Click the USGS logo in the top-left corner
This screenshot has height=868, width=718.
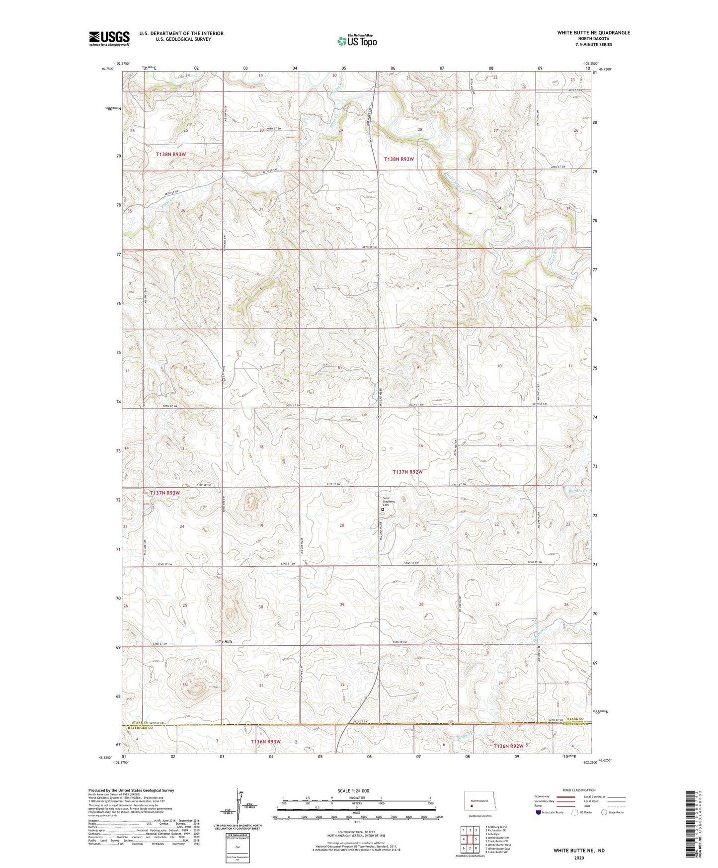[x=109, y=38]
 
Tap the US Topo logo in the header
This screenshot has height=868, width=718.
[x=357, y=41]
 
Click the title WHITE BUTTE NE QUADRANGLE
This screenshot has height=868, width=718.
[x=593, y=33]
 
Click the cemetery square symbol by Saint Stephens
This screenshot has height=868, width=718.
[x=383, y=510]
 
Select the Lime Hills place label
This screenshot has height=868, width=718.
[x=224, y=641]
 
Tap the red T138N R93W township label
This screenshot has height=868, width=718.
[x=170, y=155]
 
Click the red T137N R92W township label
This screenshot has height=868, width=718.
[x=407, y=472]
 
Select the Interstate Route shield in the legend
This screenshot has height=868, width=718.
[x=539, y=812]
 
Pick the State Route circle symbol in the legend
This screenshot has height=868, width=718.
[x=604, y=812]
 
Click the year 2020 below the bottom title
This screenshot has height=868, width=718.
[x=579, y=858]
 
